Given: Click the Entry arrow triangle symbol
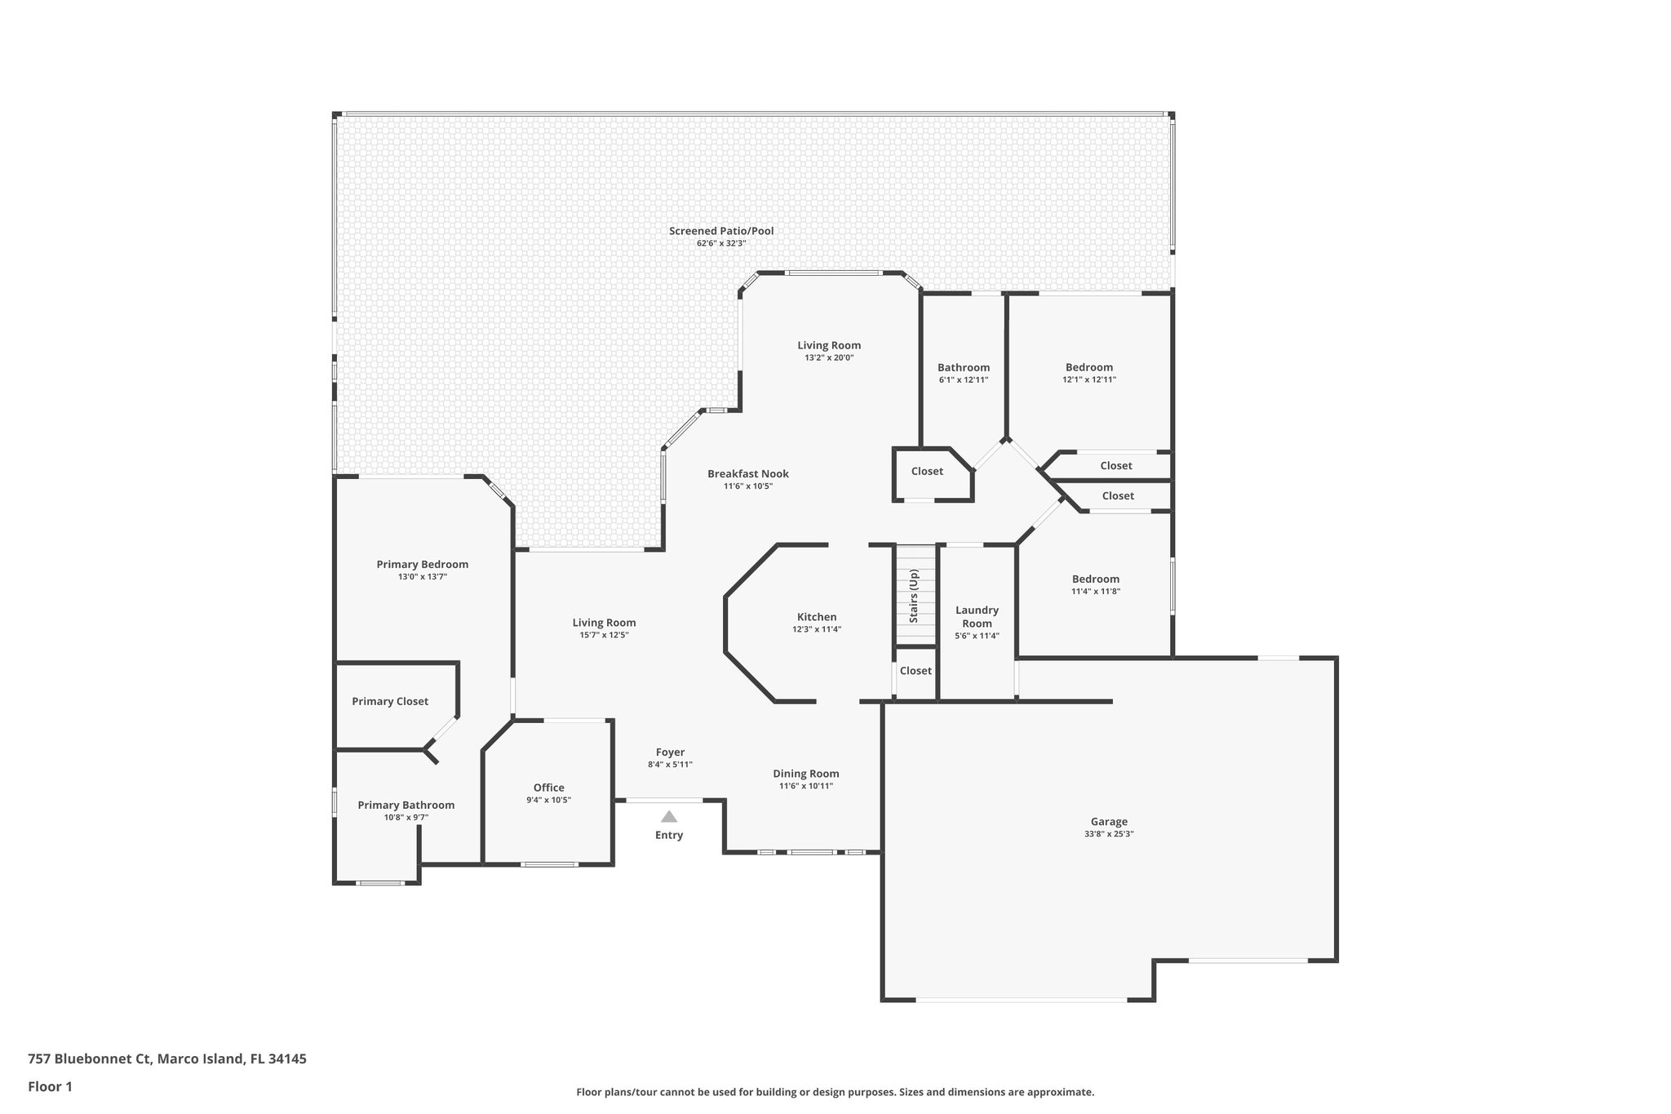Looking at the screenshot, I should coord(669,816).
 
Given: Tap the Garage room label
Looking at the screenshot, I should coord(1109,822).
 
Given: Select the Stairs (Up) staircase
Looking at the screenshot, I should coord(915,595).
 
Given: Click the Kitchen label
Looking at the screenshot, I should coord(817,617).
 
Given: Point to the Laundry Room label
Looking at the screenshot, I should coord(977,617).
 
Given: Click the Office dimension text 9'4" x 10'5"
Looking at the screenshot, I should coord(548,800).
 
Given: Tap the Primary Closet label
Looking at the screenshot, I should coord(390,701).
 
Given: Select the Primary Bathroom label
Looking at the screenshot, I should coord(406,805).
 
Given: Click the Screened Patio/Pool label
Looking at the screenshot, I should coord(721,231).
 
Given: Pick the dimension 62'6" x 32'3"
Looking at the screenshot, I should coord(721,243).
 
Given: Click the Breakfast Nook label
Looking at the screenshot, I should coord(748,473).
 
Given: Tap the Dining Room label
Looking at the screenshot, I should coord(806,774).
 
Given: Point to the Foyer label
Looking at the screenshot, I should coord(670,752).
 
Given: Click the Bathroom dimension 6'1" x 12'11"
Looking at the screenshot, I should coord(964,379).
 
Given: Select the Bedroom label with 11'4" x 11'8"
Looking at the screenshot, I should coord(1096,579).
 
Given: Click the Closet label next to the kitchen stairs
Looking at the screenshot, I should coord(915,671).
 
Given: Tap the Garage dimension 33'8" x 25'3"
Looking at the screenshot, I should coord(1109,834).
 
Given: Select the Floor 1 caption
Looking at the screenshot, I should coord(51,1086).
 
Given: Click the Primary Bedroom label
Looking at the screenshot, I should coord(423,564).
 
